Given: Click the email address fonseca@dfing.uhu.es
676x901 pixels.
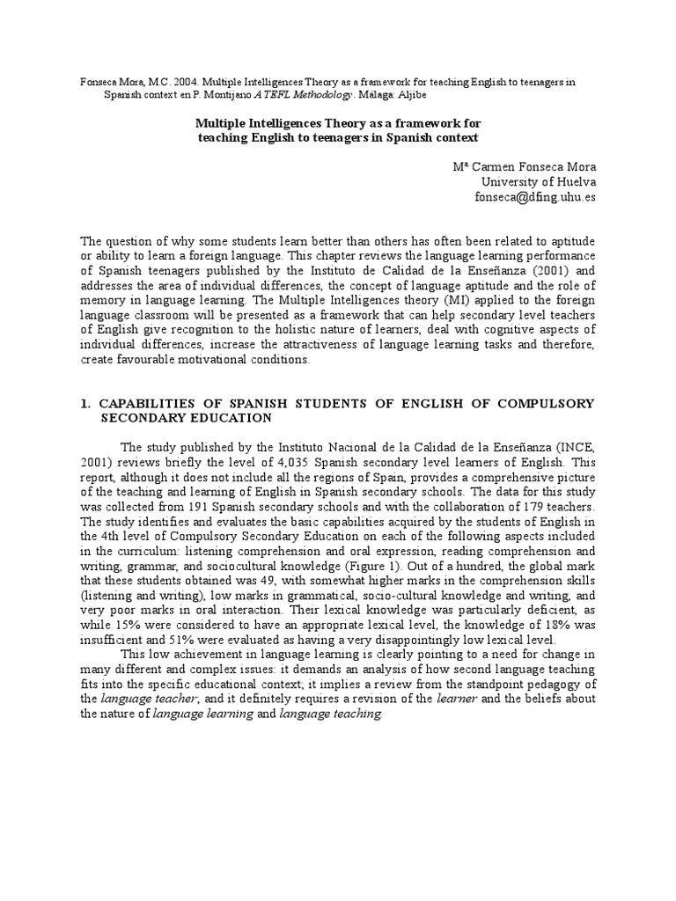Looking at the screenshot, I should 535,197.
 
